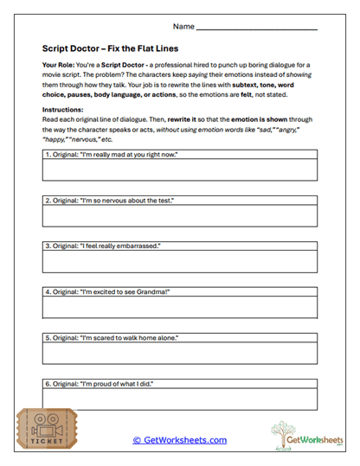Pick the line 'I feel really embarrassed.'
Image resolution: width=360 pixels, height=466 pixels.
tap(102, 246)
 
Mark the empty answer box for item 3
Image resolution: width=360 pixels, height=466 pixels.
tap(180, 262)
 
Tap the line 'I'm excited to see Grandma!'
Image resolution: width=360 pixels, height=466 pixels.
tap(106, 292)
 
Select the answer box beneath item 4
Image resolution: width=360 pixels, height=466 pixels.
tap(180, 308)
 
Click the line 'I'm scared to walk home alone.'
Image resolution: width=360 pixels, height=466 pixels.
tap(109, 338)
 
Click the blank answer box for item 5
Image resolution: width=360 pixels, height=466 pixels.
tap(180, 354)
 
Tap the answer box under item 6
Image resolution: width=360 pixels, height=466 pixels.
tap(180, 399)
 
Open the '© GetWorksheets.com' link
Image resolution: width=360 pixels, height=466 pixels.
tap(179, 440)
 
